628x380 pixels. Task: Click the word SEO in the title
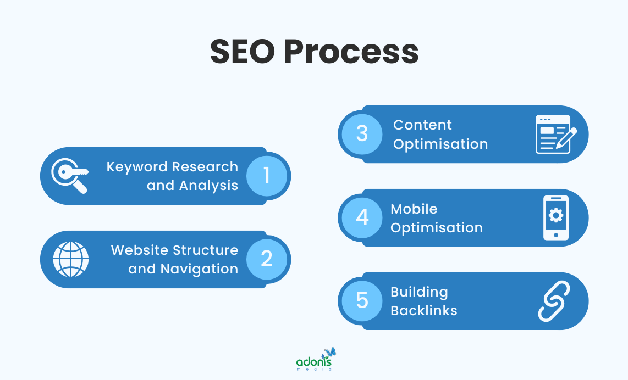tap(241, 52)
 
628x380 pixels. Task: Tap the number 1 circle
tap(267, 176)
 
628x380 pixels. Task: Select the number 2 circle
tap(267, 259)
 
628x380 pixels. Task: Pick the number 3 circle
tap(362, 134)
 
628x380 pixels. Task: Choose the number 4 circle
tap(362, 217)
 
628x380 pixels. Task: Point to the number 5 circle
tap(362, 301)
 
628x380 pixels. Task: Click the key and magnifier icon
tap(70, 176)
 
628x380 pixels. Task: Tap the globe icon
tap(70, 259)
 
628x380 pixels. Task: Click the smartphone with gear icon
tap(556, 217)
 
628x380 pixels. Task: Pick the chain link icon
tap(554, 301)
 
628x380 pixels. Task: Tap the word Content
tap(422, 125)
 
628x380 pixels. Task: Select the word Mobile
tap(414, 209)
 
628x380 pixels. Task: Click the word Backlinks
tap(424, 311)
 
